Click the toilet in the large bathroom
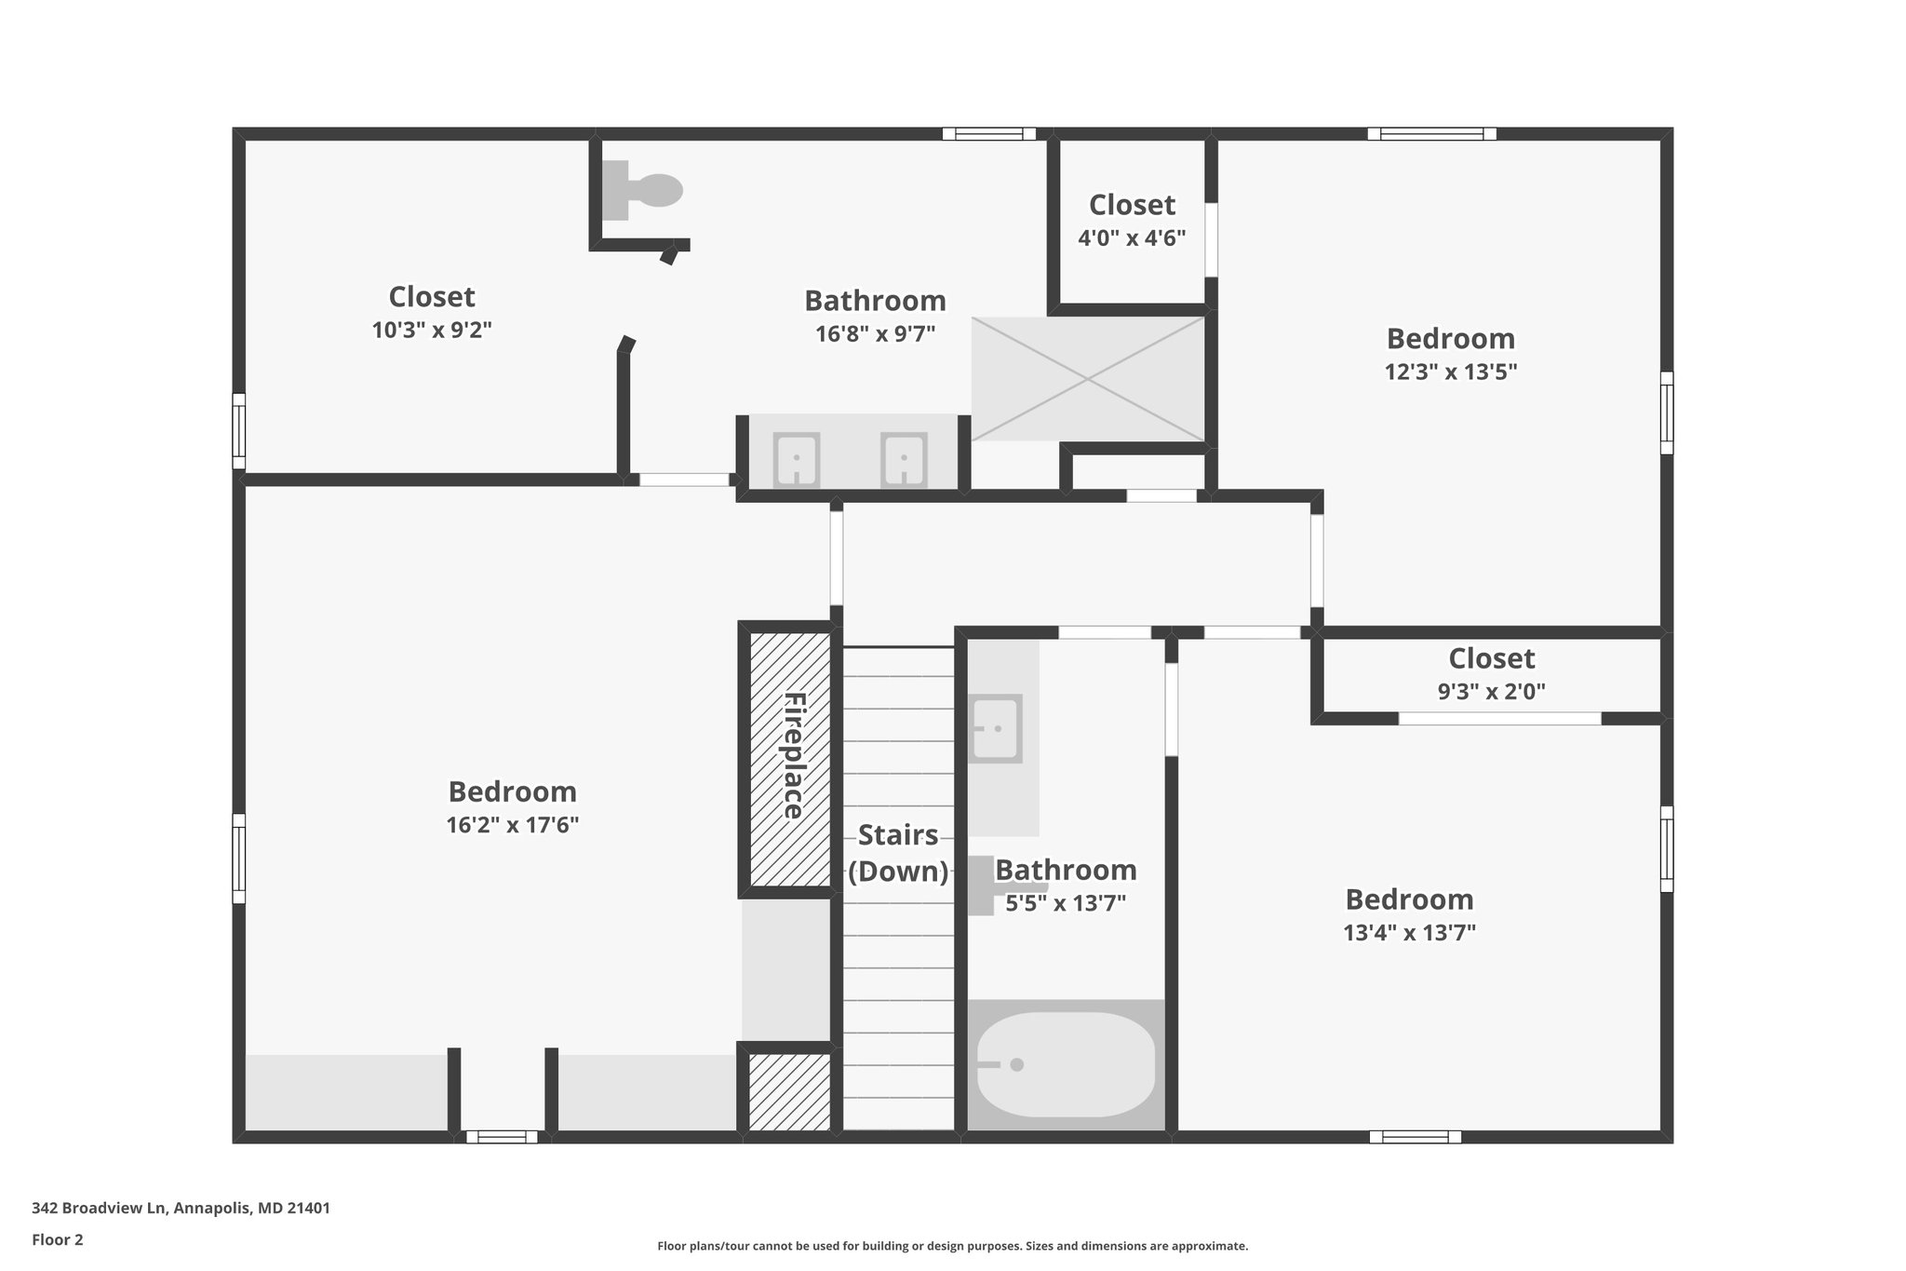coord(645,190)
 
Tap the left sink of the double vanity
coord(797,459)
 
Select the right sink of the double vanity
coord(904,459)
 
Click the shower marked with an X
coord(1088,379)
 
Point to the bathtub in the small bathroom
coord(1066,1064)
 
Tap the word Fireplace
coord(794,755)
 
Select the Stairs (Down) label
coord(898,853)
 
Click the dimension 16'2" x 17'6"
coord(512,825)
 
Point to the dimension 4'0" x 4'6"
coord(1132,238)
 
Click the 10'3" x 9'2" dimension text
coord(432,330)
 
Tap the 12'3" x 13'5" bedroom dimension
coord(1450,372)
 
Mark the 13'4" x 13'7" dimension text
coord(1409,932)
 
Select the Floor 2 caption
coord(58,1239)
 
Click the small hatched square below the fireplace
coord(790,1092)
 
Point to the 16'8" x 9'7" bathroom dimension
coord(875,333)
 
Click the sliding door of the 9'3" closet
coord(1499,718)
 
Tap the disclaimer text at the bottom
coord(952,1246)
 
